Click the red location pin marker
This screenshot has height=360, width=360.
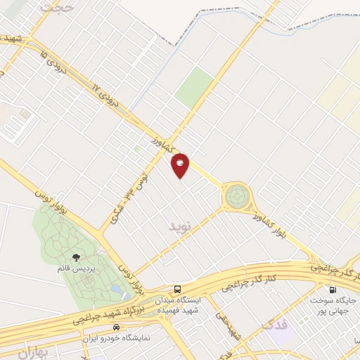click(x=181, y=165)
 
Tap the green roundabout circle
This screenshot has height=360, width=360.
click(x=237, y=195)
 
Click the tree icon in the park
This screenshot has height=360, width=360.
click(x=76, y=258)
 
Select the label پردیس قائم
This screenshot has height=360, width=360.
click(x=76, y=269)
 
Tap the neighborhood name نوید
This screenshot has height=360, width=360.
click(x=180, y=226)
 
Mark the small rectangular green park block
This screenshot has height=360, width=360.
click(x=193, y=87)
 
